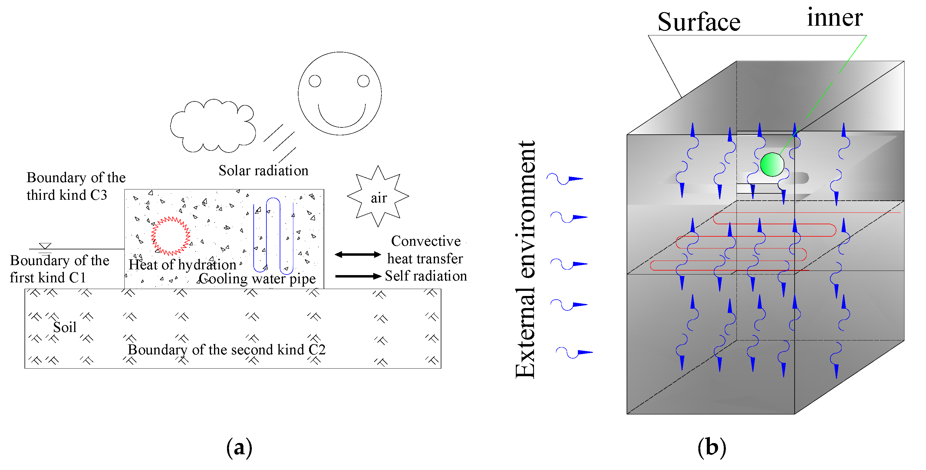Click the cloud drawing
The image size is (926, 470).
(213, 126)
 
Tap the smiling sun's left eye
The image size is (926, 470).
(315, 81)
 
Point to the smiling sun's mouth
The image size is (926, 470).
(341, 119)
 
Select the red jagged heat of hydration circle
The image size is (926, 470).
(170, 236)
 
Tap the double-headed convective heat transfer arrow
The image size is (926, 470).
(358, 255)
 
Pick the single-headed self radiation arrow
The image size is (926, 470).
(358, 276)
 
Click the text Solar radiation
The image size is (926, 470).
(263, 171)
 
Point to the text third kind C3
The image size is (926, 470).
(67, 195)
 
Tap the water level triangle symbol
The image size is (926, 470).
(45, 246)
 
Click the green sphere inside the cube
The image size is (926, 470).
(772, 165)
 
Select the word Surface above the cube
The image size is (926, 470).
(699, 22)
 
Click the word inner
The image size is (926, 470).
(835, 18)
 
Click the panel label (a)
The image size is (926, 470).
(239, 448)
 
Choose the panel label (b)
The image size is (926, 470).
(712, 448)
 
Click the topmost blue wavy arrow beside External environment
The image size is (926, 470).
(564, 179)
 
